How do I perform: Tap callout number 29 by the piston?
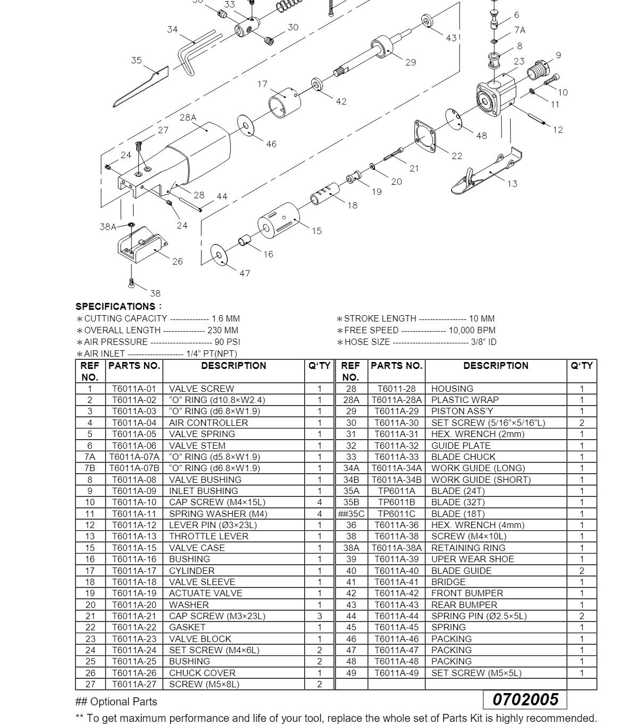[410, 62]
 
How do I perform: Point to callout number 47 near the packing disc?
[244, 274]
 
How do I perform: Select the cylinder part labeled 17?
[284, 102]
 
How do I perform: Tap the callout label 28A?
[188, 118]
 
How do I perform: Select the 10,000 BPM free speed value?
[472, 330]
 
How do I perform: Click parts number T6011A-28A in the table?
[396, 400]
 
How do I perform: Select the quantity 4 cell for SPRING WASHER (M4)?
[319, 514]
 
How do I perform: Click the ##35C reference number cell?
[351, 514]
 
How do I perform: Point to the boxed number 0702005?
[525, 699]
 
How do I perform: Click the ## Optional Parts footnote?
[116, 702]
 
